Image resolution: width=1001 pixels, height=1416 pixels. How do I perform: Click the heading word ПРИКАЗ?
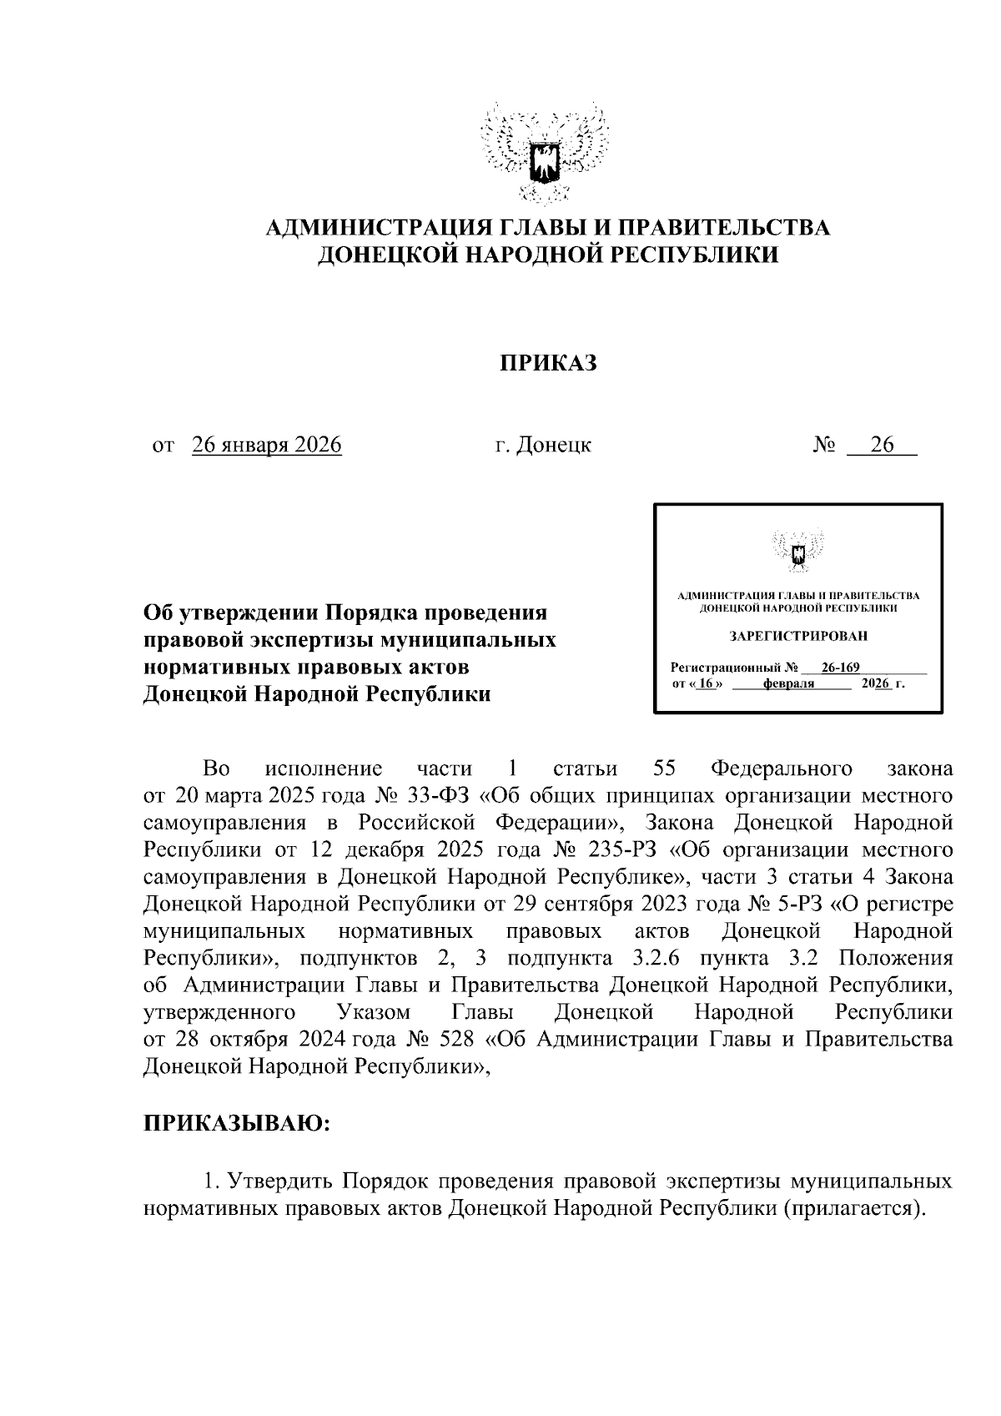549,364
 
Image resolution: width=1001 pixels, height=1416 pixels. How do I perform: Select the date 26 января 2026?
267,445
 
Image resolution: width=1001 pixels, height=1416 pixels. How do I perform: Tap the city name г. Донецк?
543,445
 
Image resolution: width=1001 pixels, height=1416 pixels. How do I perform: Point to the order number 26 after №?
882,445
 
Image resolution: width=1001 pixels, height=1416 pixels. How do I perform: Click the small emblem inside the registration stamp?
797,551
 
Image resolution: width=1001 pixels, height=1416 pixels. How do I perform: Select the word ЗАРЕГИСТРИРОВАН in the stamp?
797,636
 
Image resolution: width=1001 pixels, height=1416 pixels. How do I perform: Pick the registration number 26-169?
840,668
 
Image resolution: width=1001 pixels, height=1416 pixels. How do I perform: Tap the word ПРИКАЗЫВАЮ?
238,1123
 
